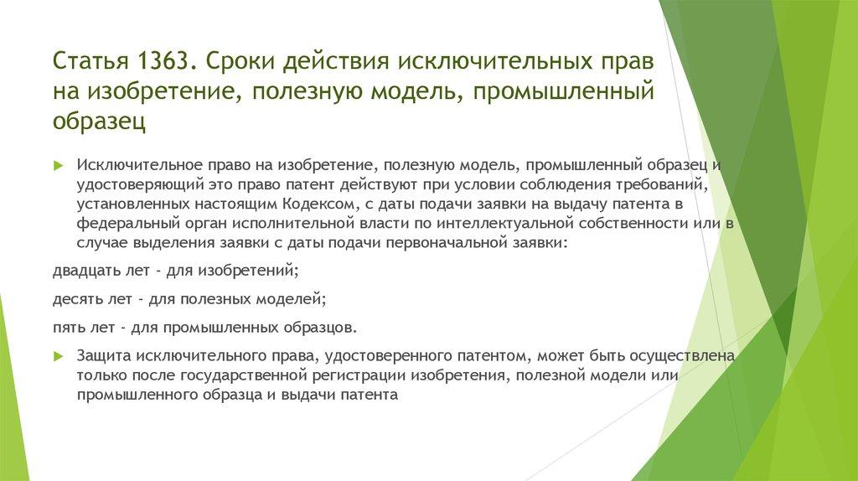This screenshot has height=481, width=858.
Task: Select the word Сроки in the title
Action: [x=238, y=63]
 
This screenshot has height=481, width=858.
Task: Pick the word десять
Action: [x=77, y=297]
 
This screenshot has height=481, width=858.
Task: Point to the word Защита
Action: [x=106, y=356]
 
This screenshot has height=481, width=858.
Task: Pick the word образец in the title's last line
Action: [x=100, y=121]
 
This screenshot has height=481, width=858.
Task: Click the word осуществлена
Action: [x=685, y=356]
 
